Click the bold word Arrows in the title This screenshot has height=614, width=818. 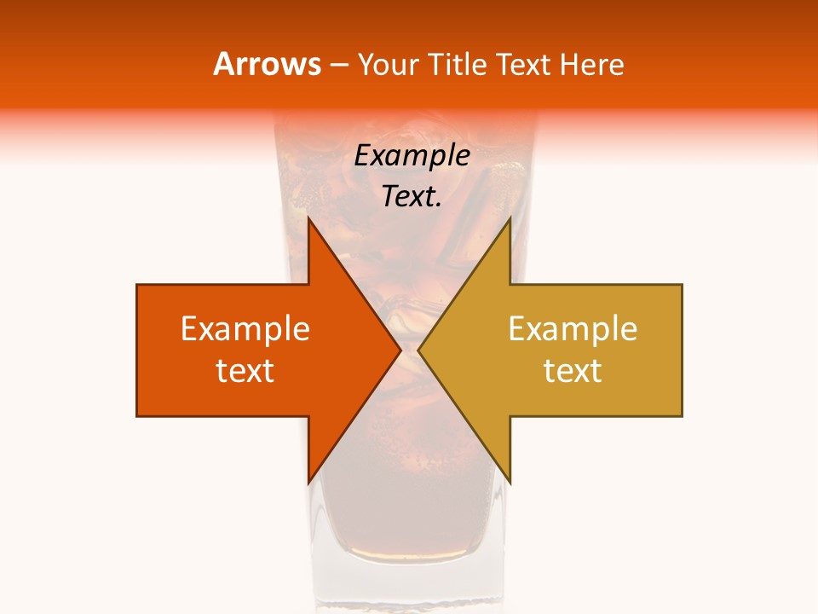coord(268,64)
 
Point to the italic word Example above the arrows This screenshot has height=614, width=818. coord(412,156)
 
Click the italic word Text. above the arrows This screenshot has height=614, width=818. coord(412,197)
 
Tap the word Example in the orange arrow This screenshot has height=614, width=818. coord(245,329)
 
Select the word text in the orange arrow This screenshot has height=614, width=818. coord(245,371)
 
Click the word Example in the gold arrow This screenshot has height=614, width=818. coord(573,329)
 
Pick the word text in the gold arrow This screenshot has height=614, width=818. coord(573,371)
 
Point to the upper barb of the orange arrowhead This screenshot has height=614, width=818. coord(310,223)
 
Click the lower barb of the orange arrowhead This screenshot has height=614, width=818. coord(310,478)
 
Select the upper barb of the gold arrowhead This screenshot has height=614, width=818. coord(508,223)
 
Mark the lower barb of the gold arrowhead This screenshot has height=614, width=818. coord(508,478)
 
